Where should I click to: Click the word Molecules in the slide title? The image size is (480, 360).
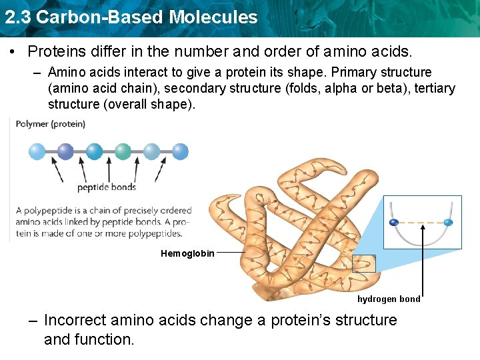(x=213, y=17)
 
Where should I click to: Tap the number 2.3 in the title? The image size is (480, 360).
(x=18, y=17)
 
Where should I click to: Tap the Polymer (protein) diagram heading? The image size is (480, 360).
(x=50, y=124)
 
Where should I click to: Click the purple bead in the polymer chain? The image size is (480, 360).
(x=65, y=151)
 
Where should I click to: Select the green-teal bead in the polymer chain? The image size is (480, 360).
(x=123, y=151)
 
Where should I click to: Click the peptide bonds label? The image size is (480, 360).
(x=107, y=187)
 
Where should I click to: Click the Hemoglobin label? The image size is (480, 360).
(x=187, y=253)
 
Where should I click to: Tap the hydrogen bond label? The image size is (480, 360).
(x=389, y=299)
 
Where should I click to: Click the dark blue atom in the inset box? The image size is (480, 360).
(x=394, y=222)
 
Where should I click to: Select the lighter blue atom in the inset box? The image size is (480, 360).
(x=448, y=222)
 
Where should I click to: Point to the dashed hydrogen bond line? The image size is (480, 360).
(x=421, y=222)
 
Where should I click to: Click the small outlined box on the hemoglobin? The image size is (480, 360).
(x=364, y=263)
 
